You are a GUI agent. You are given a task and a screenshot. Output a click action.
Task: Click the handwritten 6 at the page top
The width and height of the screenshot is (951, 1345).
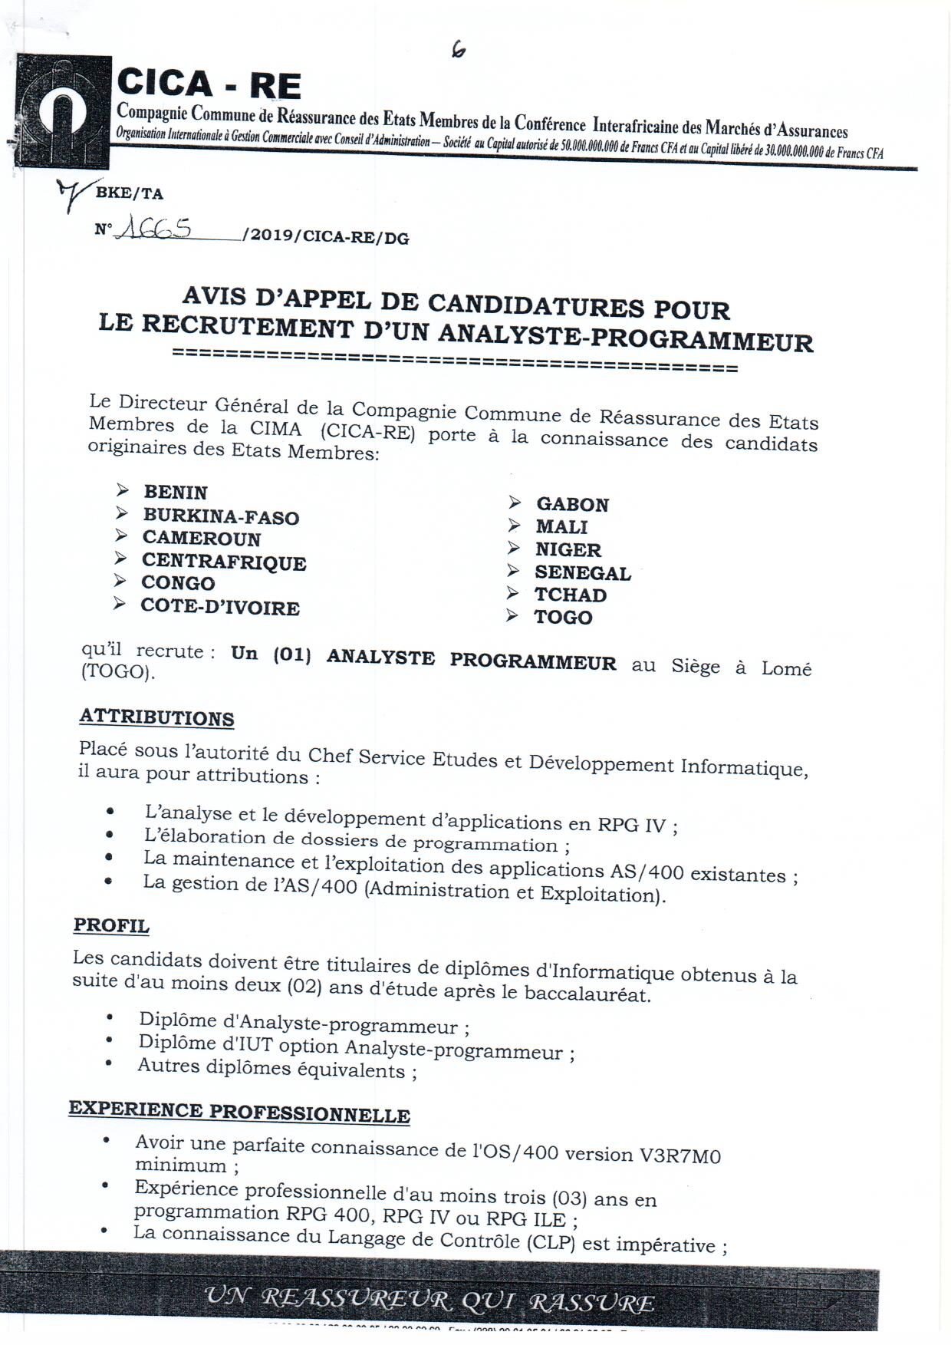459,50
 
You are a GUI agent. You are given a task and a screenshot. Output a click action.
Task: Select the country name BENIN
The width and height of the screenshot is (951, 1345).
176,493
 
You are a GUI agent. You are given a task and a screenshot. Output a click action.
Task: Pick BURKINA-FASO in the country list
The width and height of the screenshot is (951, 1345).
221,516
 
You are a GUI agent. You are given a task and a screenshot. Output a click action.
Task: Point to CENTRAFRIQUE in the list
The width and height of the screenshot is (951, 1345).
224,562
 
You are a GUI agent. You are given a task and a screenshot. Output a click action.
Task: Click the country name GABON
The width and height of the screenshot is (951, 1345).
572,504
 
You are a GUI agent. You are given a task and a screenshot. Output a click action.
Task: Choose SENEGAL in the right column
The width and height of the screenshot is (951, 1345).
583,572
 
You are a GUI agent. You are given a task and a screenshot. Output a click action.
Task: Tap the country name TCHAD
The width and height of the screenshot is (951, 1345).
571,595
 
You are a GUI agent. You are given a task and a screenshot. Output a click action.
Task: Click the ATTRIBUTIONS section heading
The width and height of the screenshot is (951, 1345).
156,718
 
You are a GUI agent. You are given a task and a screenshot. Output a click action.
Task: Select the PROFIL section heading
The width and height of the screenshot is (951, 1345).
111,925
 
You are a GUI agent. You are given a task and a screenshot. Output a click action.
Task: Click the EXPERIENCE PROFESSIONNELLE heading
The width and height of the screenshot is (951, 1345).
239,1112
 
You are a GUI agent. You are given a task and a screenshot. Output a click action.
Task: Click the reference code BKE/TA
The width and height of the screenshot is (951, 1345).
129,193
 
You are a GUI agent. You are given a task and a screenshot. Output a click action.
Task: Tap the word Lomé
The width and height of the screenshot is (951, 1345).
786,668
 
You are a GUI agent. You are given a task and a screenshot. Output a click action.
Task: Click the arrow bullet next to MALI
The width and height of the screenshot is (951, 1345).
514,526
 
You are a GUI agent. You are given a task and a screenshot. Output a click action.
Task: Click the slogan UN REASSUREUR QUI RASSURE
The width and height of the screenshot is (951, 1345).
429,1300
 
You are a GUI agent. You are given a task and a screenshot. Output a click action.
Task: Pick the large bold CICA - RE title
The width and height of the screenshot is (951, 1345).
209,84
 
